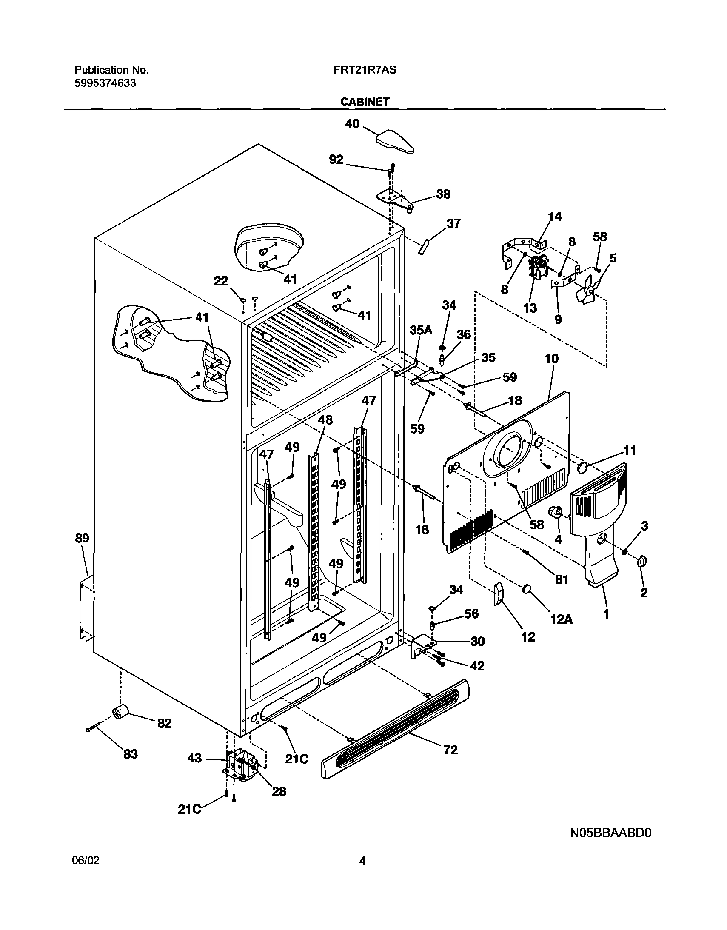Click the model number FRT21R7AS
365,70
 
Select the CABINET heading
365,102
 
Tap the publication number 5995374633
105,83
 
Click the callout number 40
352,124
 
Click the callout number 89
82,538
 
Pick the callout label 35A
421,330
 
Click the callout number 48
325,420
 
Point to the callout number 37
453,223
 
